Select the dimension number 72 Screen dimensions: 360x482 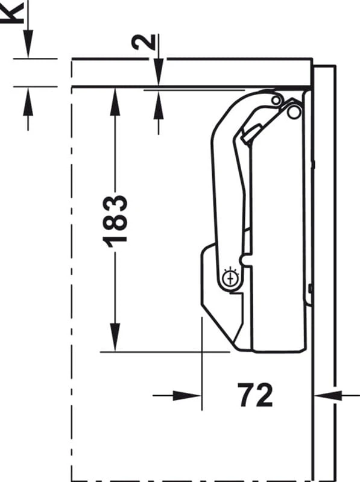coord(255,395)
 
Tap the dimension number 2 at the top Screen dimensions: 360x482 coord(144,42)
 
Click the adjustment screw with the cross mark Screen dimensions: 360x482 coord(231,278)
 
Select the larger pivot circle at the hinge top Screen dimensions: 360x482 coord(294,112)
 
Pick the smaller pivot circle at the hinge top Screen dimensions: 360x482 coord(276,100)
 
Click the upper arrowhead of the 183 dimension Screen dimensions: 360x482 coord(115,101)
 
